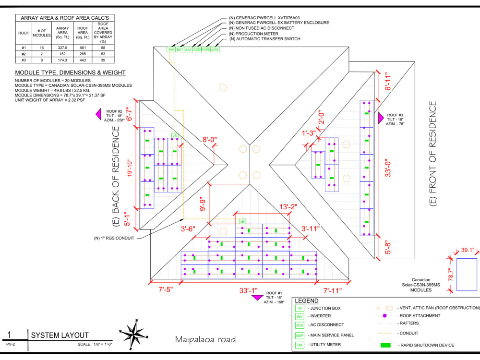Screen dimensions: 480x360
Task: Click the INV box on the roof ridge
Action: tap(171, 49)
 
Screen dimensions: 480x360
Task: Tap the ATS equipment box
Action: tap(215, 49)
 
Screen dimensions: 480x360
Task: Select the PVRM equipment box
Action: tap(206, 49)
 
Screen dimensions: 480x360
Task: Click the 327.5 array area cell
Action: tap(62, 48)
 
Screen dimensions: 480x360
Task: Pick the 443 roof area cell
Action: tap(83, 60)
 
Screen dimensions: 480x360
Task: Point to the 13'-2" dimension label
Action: tap(288, 207)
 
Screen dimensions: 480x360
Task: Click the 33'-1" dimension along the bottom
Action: tap(248, 290)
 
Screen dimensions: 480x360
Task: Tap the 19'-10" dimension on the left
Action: tap(130, 168)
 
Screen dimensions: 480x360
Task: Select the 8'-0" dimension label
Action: tap(210, 140)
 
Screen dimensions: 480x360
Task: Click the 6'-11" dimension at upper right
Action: tap(388, 82)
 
